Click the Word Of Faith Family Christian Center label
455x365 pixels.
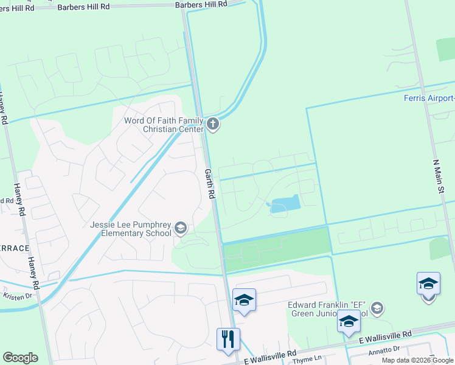(x=164, y=125)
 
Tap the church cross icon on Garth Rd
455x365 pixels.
(x=212, y=125)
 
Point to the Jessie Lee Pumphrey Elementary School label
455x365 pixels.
(x=130, y=229)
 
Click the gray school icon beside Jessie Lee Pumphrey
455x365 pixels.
(x=181, y=228)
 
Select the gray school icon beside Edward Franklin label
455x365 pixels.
(x=377, y=308)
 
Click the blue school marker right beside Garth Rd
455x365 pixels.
(x=244, y=300)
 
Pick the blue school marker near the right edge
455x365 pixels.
(x=428, y=284)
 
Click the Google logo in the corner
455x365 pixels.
(x=20, y=357)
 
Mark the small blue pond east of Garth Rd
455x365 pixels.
(x=284, y=205)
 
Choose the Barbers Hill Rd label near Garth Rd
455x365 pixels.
(x=200, y=4)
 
